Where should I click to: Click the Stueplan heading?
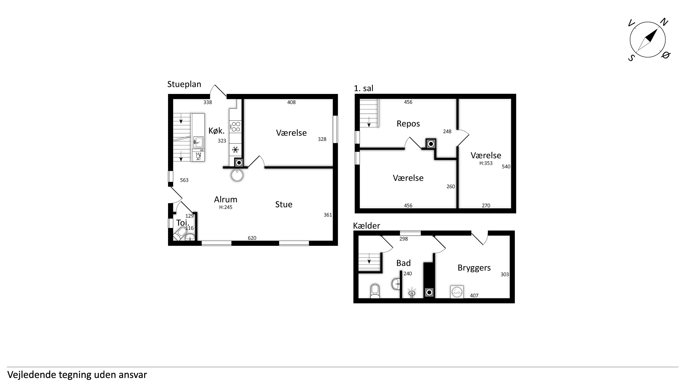(184, 84)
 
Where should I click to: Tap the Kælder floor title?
(366, 226)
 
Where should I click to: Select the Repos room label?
(408, 124)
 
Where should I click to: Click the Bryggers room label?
(474, 268)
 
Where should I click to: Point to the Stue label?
(284, 204)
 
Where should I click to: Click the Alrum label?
(225, 199)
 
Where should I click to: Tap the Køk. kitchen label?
(216, 131)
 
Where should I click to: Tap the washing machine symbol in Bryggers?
(457, 292)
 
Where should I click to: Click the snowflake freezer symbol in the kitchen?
(235, 150)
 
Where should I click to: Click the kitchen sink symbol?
(198, 142)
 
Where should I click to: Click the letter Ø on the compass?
(665, 55)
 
